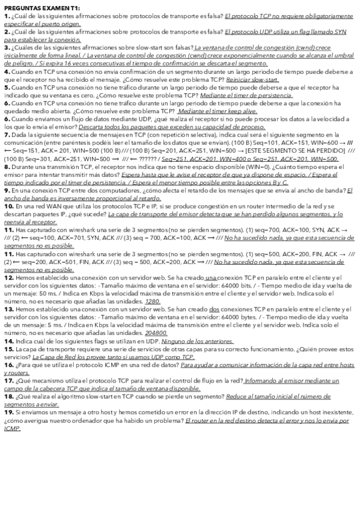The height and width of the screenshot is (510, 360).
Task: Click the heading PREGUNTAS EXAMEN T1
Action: [37, 5]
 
